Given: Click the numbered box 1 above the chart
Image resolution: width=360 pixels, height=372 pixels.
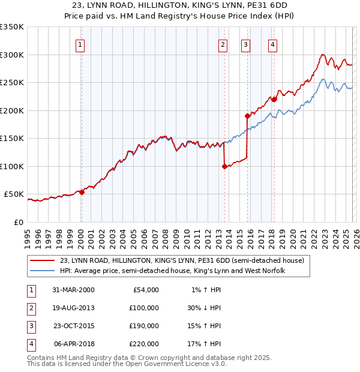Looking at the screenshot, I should coord(80,44).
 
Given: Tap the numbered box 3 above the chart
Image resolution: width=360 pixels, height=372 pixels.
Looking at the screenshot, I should coord(246,44).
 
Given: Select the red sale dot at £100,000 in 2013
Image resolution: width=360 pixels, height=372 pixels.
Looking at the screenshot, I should coord(224,167).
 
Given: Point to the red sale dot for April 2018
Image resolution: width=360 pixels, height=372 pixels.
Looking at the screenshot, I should coord(274,100).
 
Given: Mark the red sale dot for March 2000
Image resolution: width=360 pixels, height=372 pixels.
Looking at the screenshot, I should coord(82,192).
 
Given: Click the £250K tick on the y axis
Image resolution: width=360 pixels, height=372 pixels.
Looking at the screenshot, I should coord(12,83).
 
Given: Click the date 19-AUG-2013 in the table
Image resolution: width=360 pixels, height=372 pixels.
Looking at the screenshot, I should coord(73,307).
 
